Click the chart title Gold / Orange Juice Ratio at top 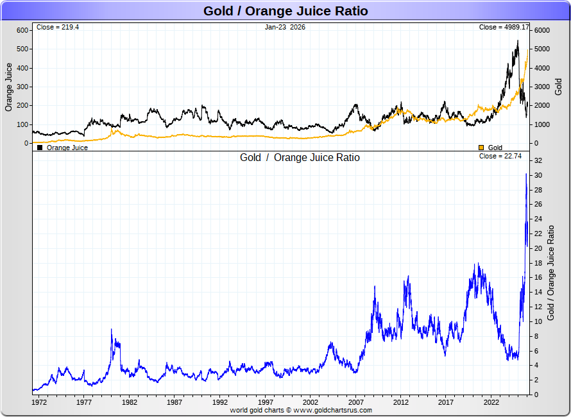285,11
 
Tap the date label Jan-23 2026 285,27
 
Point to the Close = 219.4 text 58,27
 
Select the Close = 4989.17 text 504,27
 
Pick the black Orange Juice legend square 40,148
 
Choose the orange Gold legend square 481,148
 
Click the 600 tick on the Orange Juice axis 22,30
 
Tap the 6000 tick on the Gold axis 543,30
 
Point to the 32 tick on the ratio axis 539,160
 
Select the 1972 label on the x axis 39,403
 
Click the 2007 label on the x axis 356,403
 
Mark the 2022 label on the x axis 491,403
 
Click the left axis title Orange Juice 9,87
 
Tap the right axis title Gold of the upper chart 558,87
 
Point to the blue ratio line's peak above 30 526,174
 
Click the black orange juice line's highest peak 518,41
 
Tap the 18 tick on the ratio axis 539,263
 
